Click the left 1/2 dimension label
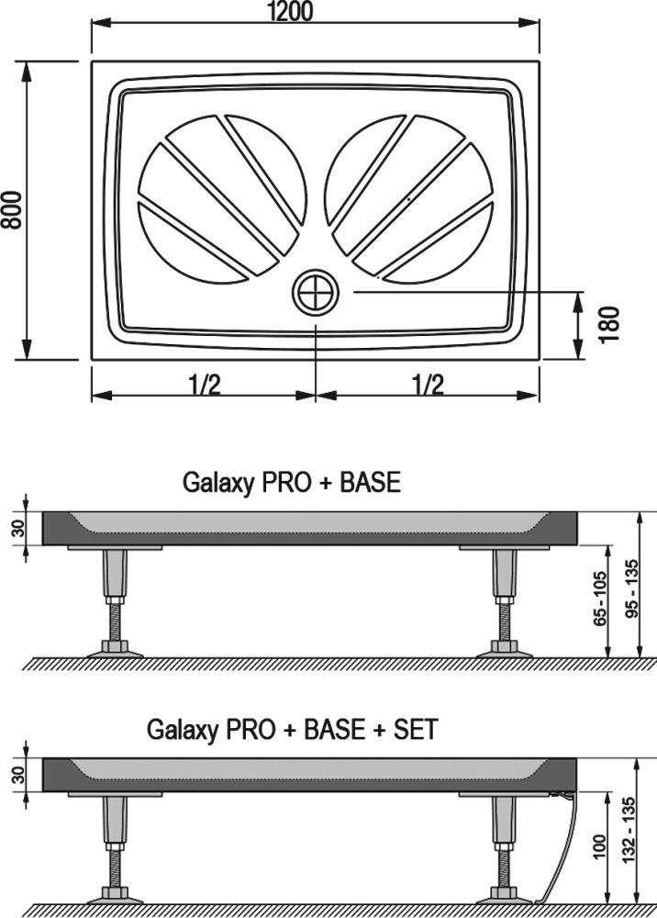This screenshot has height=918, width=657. (x=205, y=384)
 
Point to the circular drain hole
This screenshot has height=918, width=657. (x=316, y=293)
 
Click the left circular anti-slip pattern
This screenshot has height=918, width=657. (x=220, y=197)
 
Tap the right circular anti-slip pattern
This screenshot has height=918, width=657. (x=409, y=197)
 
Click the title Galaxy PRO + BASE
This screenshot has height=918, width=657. (x=292, y=482)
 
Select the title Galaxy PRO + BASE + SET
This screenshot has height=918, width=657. (x=292, y=730)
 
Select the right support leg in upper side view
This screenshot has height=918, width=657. (x=504, y=601)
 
